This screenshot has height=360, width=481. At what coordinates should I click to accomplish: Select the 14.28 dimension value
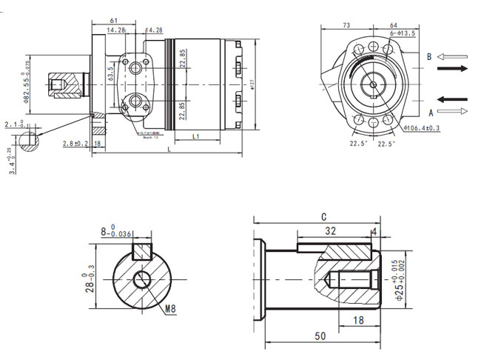[116, 30]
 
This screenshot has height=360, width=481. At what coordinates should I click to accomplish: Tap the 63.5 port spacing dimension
[110, 74]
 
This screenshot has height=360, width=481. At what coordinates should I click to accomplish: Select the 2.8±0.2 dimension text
[75, 143]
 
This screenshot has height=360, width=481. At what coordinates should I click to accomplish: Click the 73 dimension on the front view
[346, 25]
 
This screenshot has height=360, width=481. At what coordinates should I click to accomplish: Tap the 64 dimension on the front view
[394, 25]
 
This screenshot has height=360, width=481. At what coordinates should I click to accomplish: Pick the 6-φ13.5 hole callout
[403, 34]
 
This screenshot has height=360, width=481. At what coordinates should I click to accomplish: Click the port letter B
[428, 56]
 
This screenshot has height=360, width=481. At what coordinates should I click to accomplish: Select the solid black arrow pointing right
[453, 69]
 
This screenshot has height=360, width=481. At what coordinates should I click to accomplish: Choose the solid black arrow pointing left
[453, 99]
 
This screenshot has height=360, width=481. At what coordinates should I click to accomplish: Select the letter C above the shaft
[323, 217]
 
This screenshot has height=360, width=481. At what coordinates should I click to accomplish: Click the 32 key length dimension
[331, 231]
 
